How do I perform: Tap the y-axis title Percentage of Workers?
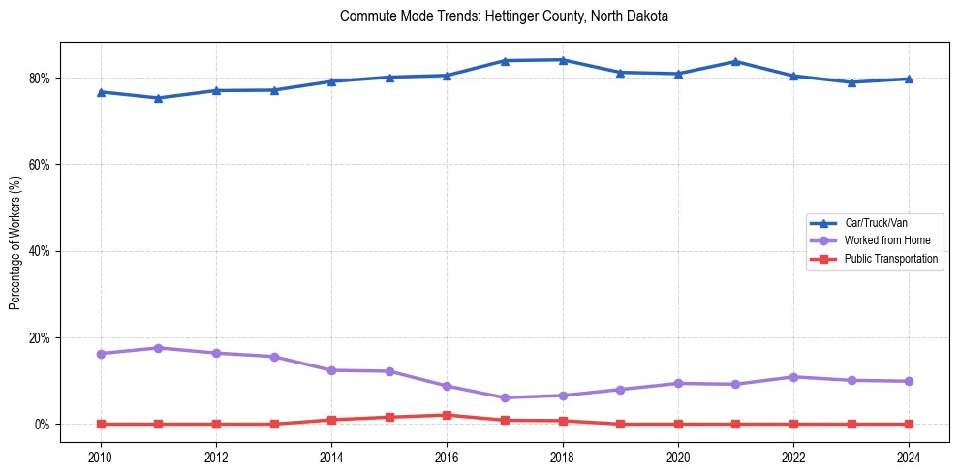(x=15, y=243)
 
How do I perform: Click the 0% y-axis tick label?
(x=42, y=425)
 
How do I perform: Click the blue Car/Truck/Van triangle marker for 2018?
(x=562, y=60)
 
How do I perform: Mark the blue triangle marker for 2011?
(x=158, y=98)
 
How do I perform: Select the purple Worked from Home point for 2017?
(x=505, y=397)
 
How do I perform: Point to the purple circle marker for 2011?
(x=158, y=348)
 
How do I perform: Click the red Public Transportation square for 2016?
(x=447, y=415)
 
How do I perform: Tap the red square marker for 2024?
(x=909, y=424)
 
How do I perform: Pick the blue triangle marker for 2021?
(x=735, y=61)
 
